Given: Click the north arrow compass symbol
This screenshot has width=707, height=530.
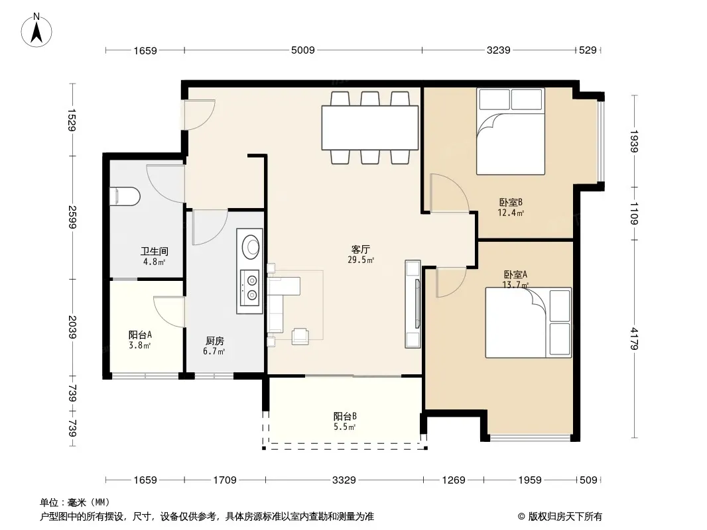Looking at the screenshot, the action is click(x=36, y=30).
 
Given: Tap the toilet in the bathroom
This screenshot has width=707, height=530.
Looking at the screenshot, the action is click(x=125, y=196).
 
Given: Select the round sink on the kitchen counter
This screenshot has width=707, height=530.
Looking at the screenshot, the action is click(x=250, y=246).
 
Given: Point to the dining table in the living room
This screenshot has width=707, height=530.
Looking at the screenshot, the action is click(x=369, y=127).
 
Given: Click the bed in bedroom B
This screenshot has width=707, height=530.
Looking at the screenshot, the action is click(x=511, y=131).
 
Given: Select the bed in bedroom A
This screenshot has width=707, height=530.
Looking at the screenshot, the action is click(x=528, y=323).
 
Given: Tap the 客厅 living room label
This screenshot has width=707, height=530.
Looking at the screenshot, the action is click(x=361, y=249).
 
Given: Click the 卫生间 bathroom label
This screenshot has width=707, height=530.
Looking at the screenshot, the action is click(x=155, y=251).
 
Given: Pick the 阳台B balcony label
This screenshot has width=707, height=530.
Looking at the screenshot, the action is click(x=345, y=416).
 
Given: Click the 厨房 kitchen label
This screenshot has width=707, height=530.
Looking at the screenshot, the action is click(x=215, y=341).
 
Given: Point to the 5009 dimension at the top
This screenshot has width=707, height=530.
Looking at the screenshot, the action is click(x=303, y=50).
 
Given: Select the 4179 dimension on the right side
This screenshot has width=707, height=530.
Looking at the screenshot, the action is click(x=635, y=339).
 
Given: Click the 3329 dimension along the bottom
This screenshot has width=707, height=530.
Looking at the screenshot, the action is click(x=344, y=480).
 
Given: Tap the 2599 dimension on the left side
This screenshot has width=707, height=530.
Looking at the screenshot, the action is click(x=72, y=217).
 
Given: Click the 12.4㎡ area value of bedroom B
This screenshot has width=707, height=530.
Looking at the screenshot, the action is click(x=511, y=213).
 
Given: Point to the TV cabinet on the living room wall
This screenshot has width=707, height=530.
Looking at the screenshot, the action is click(x=413, y=304).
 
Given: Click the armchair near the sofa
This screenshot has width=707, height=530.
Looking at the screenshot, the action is click(x=300, y=336).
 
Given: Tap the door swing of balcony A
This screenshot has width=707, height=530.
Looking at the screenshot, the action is click(x=168, y=311).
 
